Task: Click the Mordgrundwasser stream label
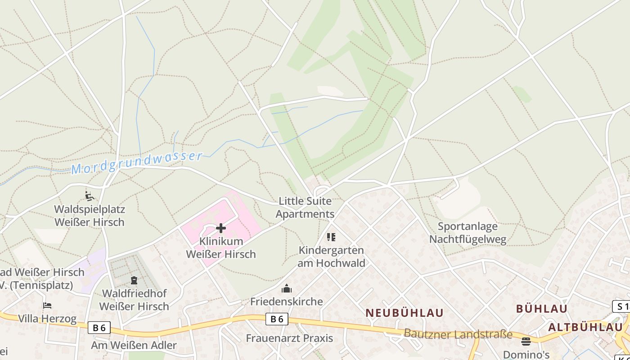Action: (x=137, y=162)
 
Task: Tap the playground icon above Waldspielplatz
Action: (x=90, y=196)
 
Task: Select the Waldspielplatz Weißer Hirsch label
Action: (x=90, y=216)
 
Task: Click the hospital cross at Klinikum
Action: (x=221, y=228)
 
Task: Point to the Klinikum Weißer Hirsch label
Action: (x=221, y=247)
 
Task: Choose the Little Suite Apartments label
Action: (x=305, y=207)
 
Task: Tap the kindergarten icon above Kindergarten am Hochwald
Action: (x=331, y=237)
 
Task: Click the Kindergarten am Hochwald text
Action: (x=332, y=256)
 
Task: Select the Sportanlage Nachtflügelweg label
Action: (x=468, y=233)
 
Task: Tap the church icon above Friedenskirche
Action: (x=287, y=288)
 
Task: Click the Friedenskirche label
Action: (x=287, y=301)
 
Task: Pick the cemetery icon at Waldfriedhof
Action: (x=134, y=280)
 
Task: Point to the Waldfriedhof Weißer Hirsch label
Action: (x=134, y=300)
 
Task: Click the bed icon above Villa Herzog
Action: (x=47, y=306)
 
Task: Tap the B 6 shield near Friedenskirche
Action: (x=277, y=319)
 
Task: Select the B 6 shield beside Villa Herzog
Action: (x=99, y=328)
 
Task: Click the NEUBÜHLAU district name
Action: (x=404, y=313)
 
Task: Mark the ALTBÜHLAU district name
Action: (x=585, y=327)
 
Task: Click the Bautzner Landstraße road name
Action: (x=458, y=334)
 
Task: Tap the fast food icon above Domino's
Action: (x=526, y=341)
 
